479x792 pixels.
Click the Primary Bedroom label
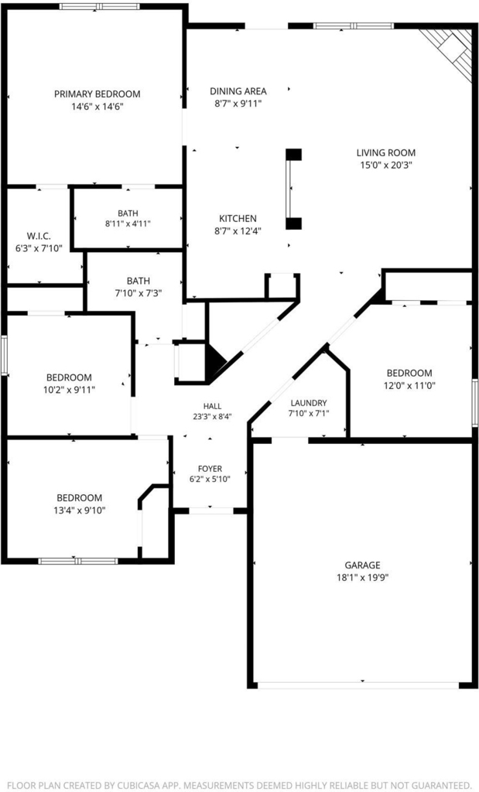pos(97,94)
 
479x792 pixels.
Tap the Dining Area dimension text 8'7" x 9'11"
pos(238,104)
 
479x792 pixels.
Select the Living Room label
pos(386,152)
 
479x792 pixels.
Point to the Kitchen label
pos(238,219)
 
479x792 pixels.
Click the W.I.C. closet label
pos(39,236)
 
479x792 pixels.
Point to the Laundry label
pos(308,403)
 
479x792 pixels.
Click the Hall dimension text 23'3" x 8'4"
pos(212,417)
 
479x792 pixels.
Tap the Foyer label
pos(210,469)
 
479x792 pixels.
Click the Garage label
pos(362,565)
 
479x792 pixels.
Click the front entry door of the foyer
pos(211,510)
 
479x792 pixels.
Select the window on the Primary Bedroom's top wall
pos(99,6)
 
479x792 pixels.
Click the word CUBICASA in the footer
pos(142,786)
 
